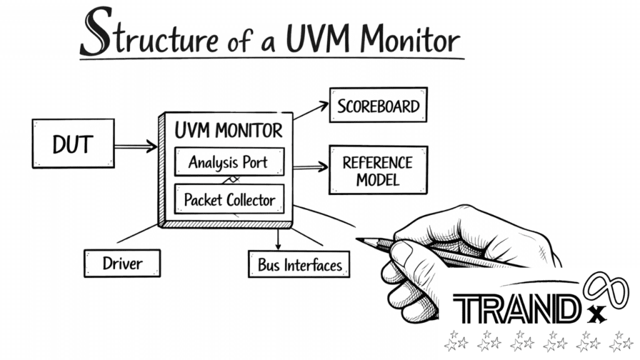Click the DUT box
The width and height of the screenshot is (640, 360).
point(74,144)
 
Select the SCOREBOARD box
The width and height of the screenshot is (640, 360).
point(378,105)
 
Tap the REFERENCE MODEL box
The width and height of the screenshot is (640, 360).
point(378,170)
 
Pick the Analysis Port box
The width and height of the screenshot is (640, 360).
point(229,162)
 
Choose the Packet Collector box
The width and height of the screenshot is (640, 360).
point(229,199)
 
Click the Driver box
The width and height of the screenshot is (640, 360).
point(122,263)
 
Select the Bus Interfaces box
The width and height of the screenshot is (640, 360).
point(299,264)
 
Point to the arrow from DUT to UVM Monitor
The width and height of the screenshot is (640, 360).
point(136,146)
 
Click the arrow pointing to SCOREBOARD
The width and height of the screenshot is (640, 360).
point(311,111)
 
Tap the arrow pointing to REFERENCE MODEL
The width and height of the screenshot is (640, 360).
point(311,166)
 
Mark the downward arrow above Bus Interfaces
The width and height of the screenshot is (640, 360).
point(278,239)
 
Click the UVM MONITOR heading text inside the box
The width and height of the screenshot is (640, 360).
point(229,131)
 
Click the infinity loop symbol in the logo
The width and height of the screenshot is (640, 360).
point(606,290)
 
